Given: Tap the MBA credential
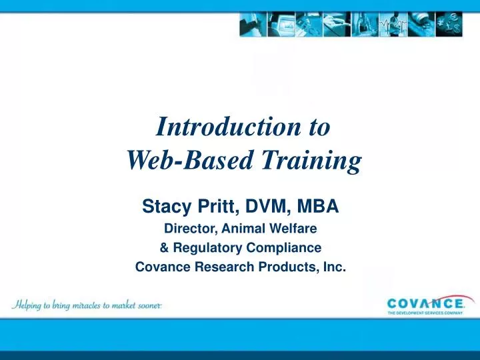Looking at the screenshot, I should pos(315,208).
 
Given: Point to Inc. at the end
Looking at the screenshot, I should pos(334,267).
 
